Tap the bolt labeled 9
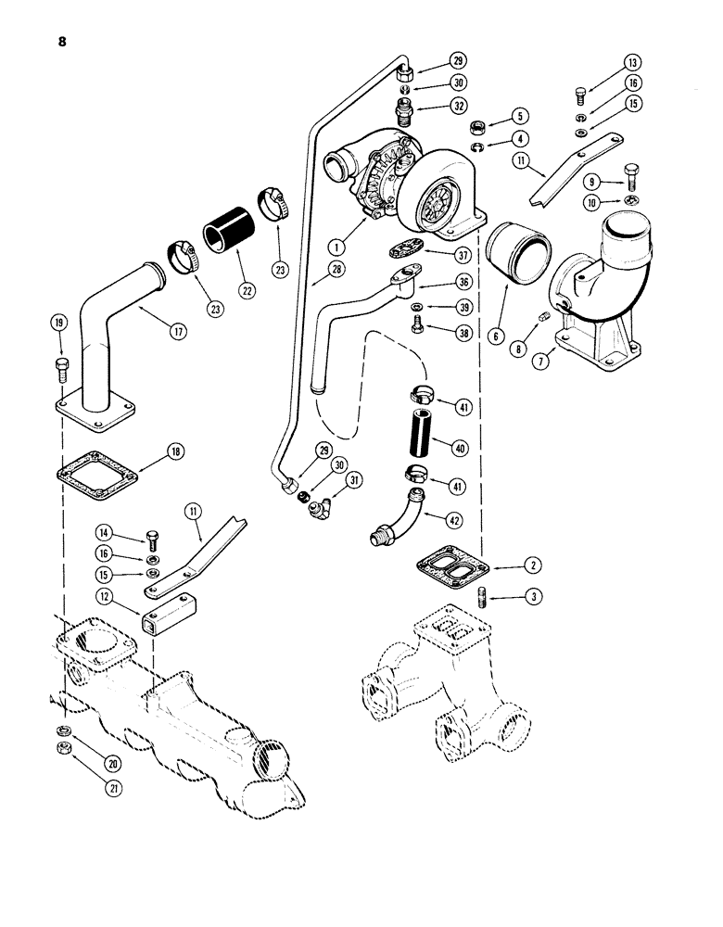pyautogui.click(x=603, y=176)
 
